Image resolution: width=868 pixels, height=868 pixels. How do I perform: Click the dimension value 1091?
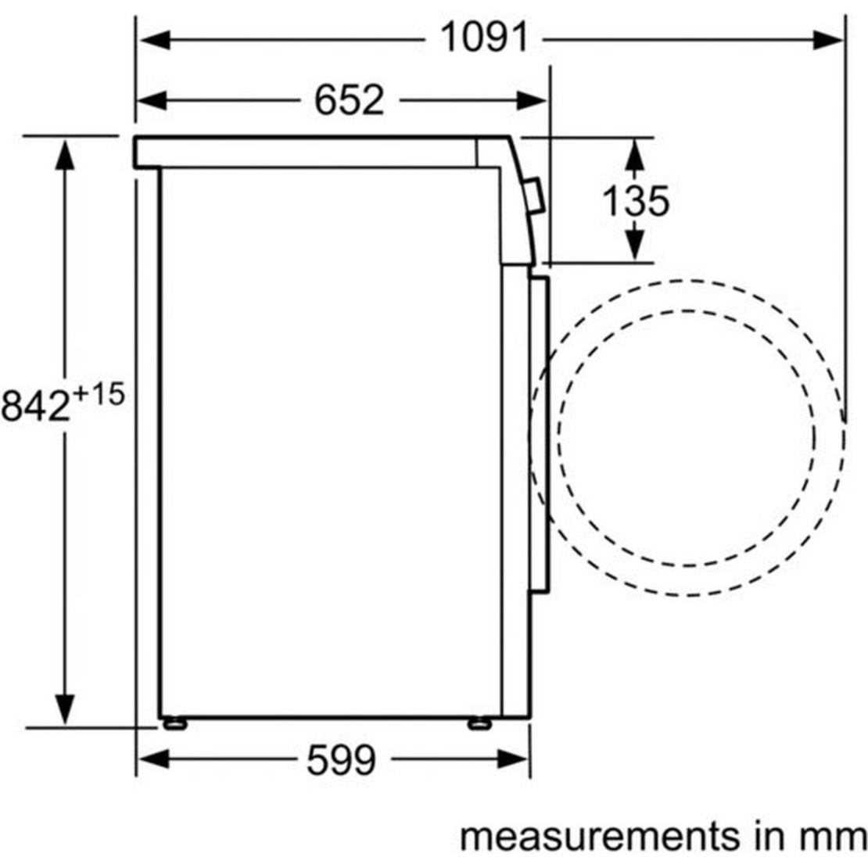click(x=484, y=38)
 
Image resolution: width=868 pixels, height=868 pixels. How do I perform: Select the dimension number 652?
click(x=350, y=100)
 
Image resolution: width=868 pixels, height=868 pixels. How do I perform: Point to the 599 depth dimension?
click(x=341, y=759)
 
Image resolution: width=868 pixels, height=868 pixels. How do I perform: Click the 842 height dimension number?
click(x=36, y=405)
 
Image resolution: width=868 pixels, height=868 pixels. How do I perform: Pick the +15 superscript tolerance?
click(x=99, y=395)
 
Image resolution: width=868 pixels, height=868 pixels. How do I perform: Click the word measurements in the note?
click(x=600, y=837)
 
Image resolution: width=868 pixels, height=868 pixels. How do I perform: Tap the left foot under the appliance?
click(x=175, y=723)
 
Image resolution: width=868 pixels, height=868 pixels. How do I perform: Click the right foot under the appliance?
click(x=479, y=723)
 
